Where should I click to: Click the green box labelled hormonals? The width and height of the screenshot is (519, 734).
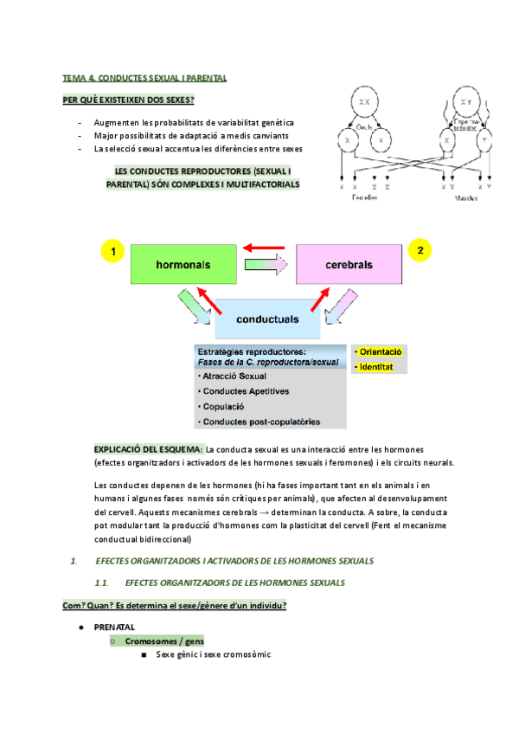coord(183,263)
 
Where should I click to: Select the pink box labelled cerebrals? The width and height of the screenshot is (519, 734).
coord(349,263)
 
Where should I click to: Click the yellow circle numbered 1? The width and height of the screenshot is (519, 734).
coord(112,252)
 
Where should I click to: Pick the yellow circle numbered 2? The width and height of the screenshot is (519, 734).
coord(420,250)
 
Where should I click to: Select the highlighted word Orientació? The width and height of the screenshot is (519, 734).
coord(380,352)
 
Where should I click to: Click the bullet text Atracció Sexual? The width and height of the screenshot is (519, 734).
coord(234,377)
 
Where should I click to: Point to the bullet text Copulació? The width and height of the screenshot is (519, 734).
coord(223,406)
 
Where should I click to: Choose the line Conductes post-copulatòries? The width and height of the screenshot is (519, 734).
coord(261,422)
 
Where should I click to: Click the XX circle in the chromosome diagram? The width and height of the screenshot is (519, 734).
coord(365,103)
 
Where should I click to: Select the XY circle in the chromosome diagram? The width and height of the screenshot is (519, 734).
coord(465,103)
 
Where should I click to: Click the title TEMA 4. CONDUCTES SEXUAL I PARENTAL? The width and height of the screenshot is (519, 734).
coord(145,78)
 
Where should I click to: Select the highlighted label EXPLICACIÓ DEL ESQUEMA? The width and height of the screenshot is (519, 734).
coord(149,449)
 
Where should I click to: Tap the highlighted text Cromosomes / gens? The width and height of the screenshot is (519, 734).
coord(158,641)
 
